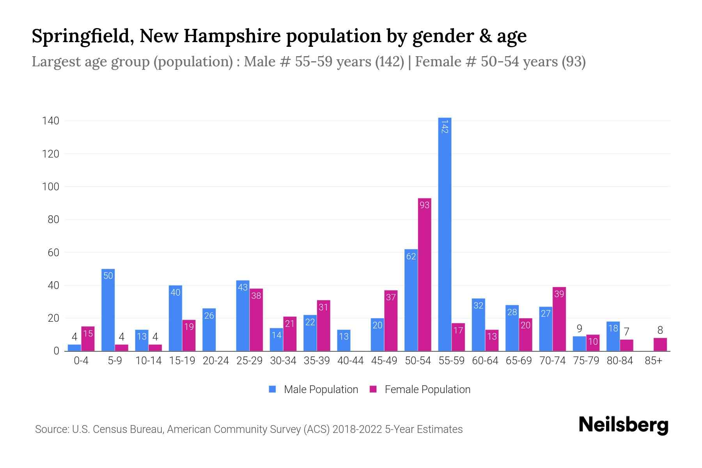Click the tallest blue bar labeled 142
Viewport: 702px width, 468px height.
(x=445, y=234)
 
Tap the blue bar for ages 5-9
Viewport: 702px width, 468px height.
(x=108, y=310)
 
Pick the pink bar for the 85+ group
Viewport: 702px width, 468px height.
(x=660, y=345)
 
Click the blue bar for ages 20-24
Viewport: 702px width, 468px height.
(x=209, y=330)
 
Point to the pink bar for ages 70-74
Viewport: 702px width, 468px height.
(x=559, y=319)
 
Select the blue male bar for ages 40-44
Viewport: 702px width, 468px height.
(x=344, y=340)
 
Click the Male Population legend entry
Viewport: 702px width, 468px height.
(x=313, y=390)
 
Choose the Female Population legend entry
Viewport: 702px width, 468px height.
(x=420, y=390)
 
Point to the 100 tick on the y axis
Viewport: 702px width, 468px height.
(x=51, y=187)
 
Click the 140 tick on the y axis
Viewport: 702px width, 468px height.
(x=51, y=121)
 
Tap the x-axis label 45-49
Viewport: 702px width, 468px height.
(x=384, y=361)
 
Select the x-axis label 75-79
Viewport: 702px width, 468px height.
(x=586, y=361)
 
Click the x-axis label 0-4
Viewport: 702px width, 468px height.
(x=81, y=361)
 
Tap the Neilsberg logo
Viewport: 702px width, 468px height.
(x=623, y=425)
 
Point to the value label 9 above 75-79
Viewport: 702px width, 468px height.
(x=579, y=329)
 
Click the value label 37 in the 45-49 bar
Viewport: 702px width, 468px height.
(x=391, y=297)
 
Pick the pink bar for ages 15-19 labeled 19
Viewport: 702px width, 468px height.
(x=189, y=335)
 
